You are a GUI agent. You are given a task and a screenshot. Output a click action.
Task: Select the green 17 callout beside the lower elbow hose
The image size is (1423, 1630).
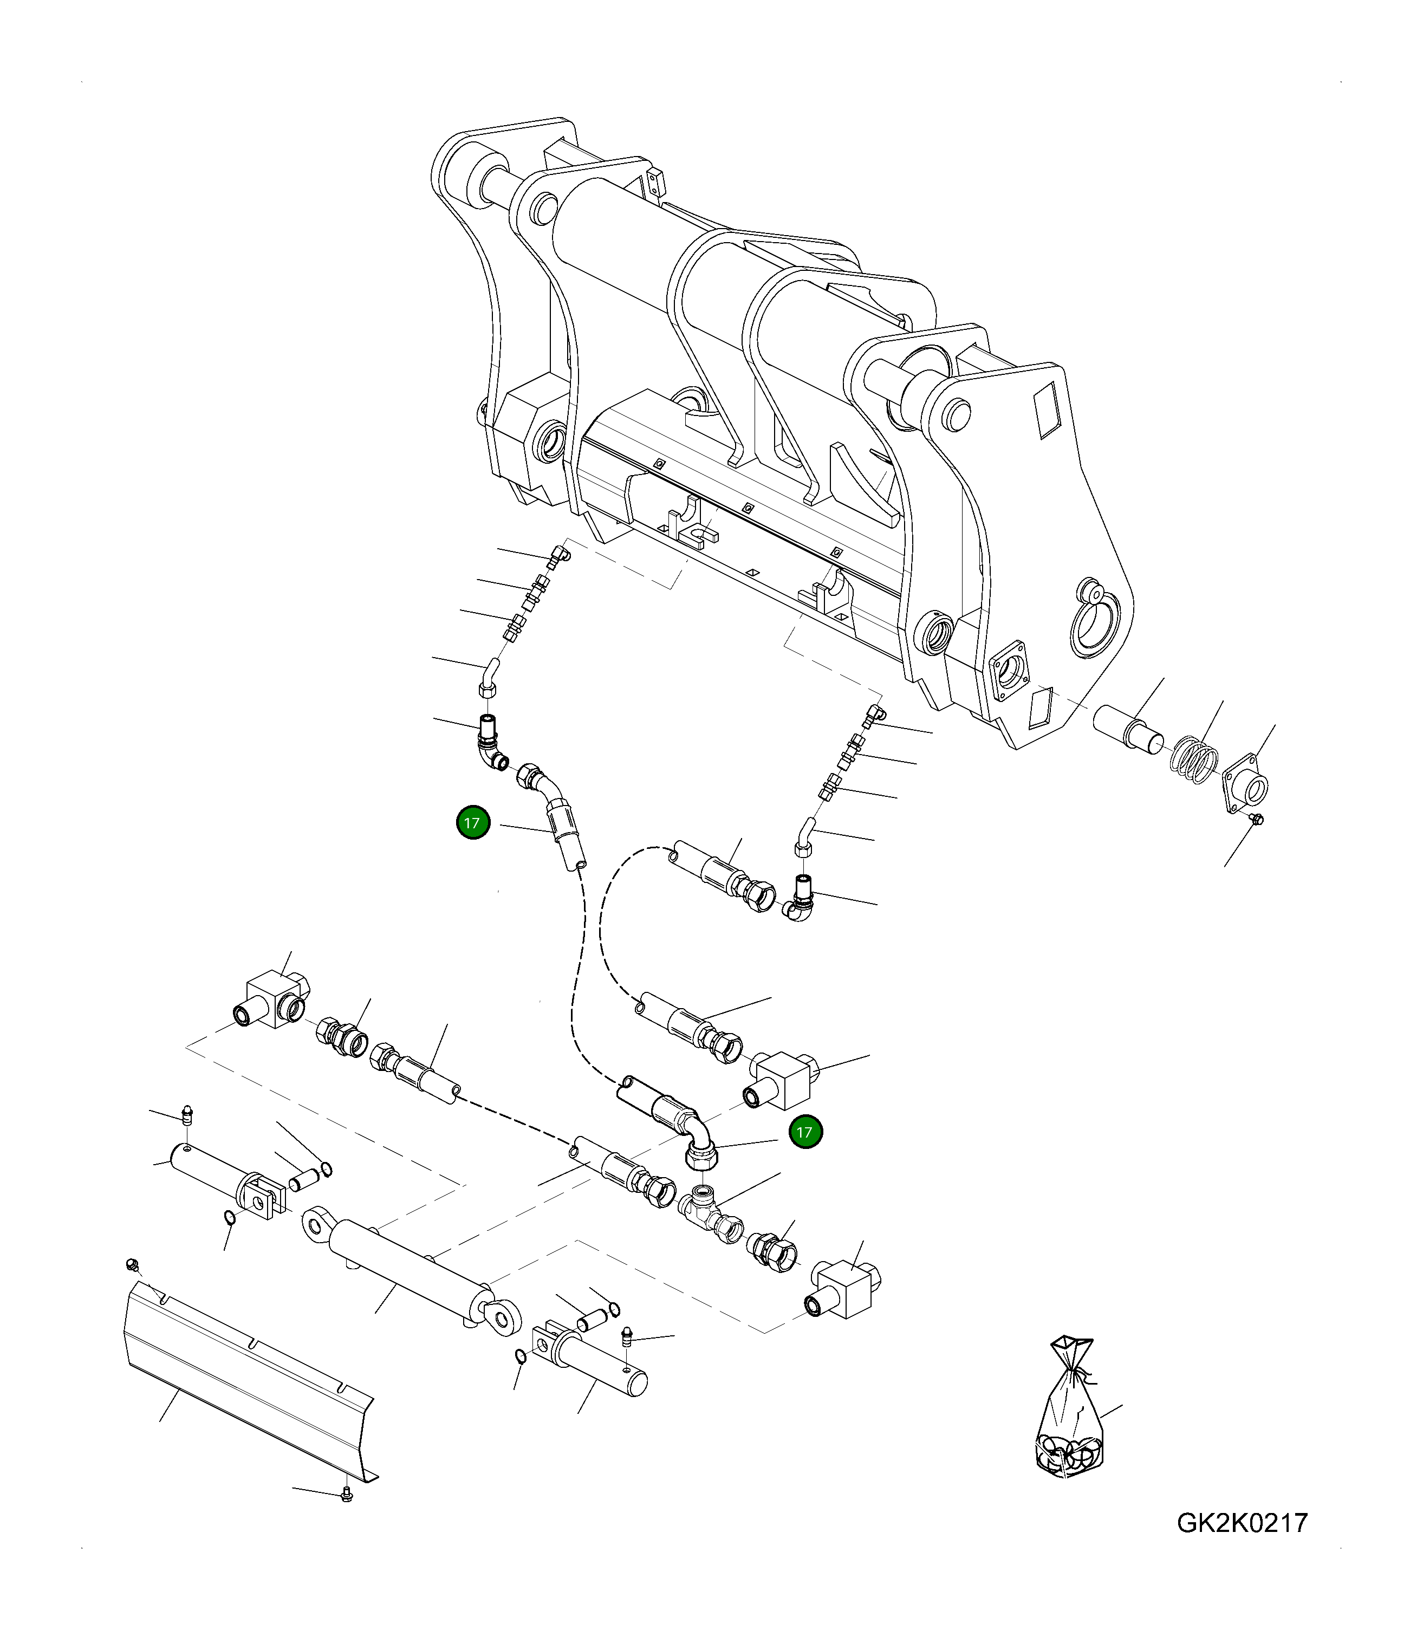click(x=805, y=1132)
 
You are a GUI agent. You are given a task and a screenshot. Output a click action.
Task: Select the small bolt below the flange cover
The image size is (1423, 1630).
click(x=1256, y=820)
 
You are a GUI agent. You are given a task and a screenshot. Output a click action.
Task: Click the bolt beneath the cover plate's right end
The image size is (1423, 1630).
click(x=346, y=1494)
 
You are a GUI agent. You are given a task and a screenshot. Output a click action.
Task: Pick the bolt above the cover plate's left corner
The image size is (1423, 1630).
click(x=133, y=1263)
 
